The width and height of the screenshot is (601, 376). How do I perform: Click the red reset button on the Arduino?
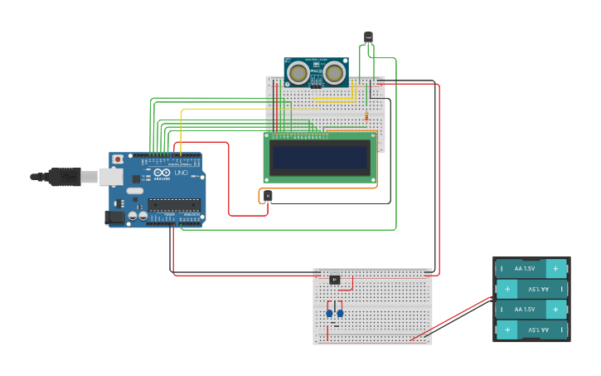[118, 159]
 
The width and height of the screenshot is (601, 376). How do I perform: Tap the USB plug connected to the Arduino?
[65, 177]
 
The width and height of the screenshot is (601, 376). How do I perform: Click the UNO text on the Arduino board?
[181, 173]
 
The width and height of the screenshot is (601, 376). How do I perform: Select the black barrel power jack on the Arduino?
[115, 217]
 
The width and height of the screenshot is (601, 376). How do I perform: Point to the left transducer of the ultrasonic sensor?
[298, 73]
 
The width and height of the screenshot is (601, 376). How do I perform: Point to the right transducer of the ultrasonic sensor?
[334, 73]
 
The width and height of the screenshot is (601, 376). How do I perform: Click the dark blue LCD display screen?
[320, 157]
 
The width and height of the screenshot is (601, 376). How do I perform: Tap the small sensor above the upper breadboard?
[368, 37]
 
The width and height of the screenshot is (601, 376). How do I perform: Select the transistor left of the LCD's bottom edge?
[268, 196]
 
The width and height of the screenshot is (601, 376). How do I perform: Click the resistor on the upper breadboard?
[366, 115]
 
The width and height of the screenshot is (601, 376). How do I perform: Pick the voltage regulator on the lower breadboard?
[334, 280]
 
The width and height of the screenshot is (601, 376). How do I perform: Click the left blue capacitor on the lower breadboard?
[329, 313]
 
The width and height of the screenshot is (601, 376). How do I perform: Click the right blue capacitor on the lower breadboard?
[340, 313]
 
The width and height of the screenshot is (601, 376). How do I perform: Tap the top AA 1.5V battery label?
[525, 269]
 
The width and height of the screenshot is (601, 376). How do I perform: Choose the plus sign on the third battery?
[555, 309]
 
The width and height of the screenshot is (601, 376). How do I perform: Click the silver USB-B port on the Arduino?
[109, 177]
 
